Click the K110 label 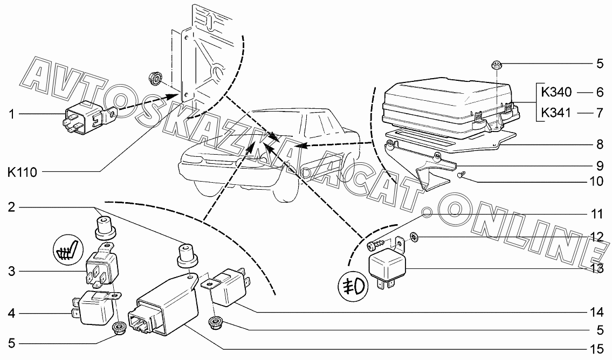click(23, 172)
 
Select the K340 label click(556, 92)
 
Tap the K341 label click(556, 113)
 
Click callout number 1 click(11, 114)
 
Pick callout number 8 click(600, 144)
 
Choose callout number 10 click(596, 181)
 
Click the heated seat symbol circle click(68, 250)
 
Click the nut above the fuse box click(495, 65)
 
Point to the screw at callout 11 click(376, 245)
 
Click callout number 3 click(11, 271)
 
